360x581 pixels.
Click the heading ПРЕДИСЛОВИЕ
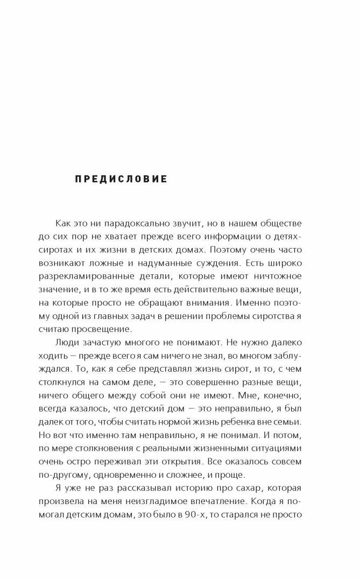click(x=121, y=179)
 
